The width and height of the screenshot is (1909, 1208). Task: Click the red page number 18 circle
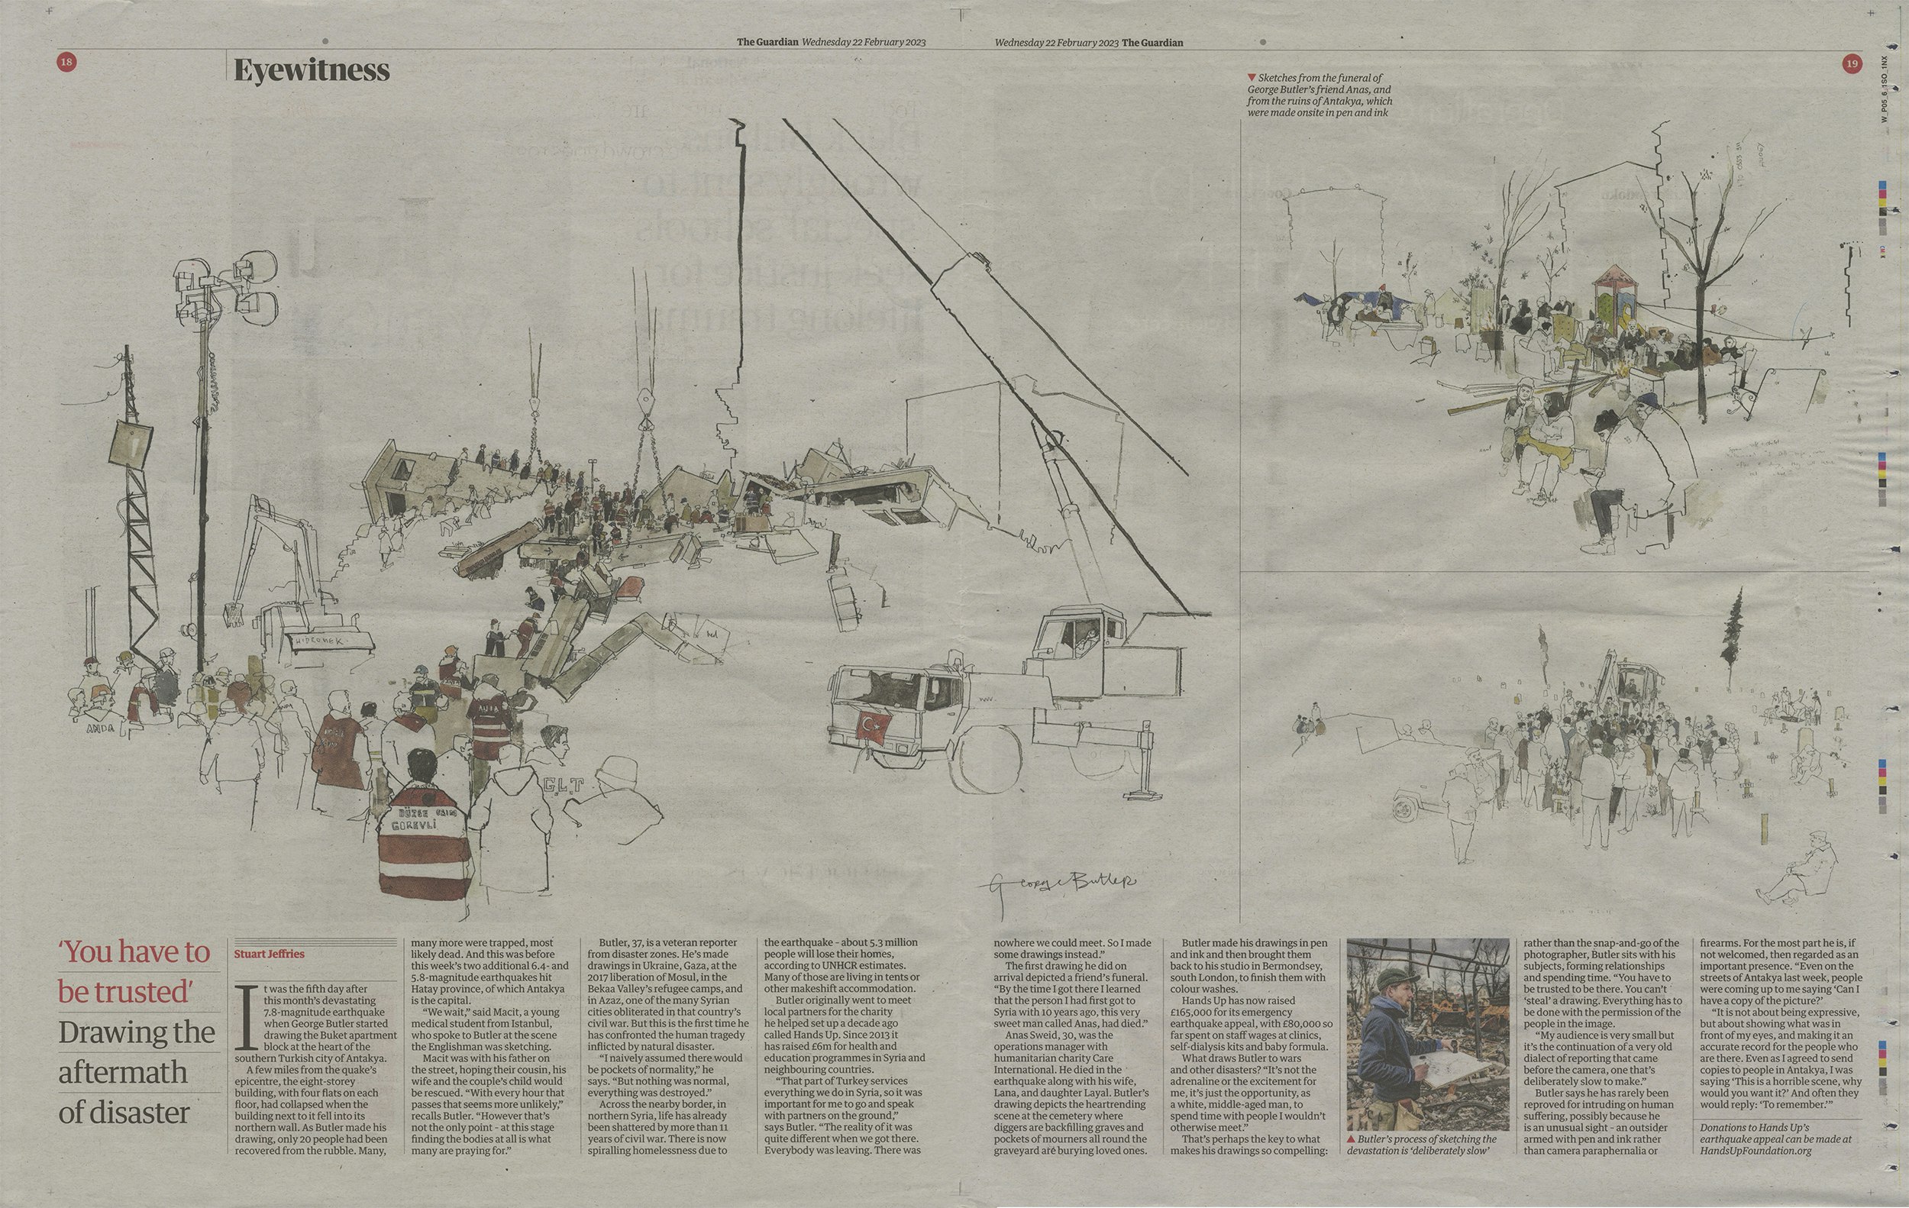coord(66,62)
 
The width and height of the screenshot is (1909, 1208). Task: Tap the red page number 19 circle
coord(1852,64)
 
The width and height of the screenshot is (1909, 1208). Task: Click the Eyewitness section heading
coord(312,71)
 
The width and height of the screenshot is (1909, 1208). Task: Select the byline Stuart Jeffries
coord(270,954)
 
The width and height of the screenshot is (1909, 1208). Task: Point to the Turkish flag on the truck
coord(874,725)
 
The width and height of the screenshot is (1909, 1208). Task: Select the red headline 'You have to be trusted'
coord(134,972)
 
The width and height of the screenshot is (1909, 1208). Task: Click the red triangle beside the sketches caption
coord(1251,78)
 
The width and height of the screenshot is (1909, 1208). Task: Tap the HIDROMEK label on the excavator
coord(318,641)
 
